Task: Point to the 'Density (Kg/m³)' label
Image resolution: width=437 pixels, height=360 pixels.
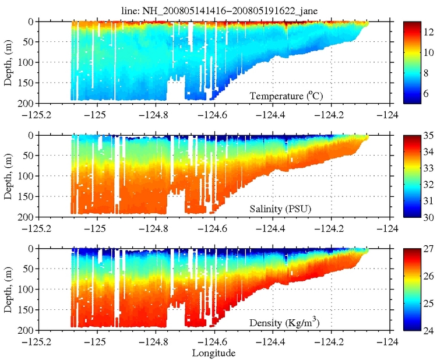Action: (286, 323)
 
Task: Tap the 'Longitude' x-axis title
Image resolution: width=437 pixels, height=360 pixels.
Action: (214, 352)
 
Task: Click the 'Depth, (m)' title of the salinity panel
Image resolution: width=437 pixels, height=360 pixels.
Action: (8, 175)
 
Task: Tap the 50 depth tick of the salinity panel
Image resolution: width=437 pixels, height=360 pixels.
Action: (29, 156)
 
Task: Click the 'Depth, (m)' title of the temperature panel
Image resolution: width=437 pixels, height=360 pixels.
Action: (8, 62)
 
